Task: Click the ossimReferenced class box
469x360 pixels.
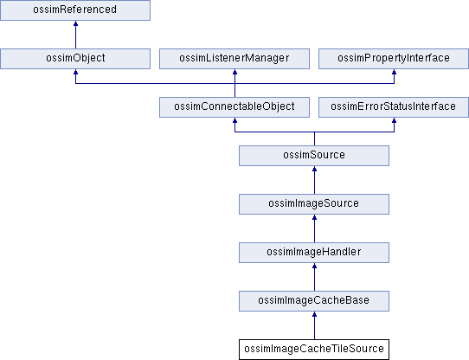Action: (75, 10)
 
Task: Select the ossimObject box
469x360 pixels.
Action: (75, 59)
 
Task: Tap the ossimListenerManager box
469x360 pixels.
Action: (234, 59)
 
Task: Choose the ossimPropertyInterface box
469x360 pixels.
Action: (394, 59)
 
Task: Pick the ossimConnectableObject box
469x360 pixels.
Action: (234, 107)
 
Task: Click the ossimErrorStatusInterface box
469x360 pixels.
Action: (394, 107)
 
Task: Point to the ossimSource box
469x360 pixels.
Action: (314, 156)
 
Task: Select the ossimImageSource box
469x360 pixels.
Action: (314, 204)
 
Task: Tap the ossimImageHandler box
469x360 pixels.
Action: (314, 253)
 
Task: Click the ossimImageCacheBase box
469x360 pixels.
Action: (314, 301)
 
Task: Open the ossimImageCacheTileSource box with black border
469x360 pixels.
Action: (314, 350)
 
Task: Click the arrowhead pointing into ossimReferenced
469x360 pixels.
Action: (75, 23)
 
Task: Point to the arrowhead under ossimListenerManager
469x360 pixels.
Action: (234, 72)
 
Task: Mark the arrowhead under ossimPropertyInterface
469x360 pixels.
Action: (395, 72)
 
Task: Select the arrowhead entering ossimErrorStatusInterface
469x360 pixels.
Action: (395, 120)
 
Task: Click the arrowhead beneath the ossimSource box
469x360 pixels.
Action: (314, 169)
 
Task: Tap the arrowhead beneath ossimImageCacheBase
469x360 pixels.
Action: (314, 314)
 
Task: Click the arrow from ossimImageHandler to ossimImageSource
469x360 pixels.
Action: (314, 228)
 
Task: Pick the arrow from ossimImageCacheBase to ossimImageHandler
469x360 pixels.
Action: (314, 277)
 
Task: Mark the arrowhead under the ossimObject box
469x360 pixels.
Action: (75, 72)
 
